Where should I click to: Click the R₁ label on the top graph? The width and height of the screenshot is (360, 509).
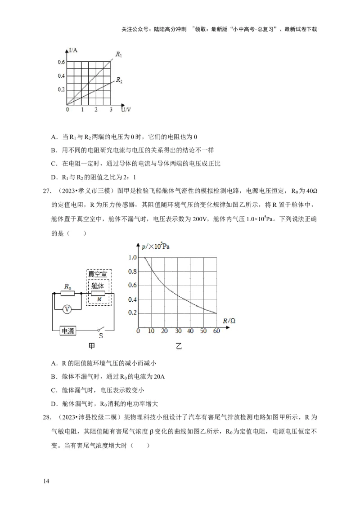click(x=119, y=54)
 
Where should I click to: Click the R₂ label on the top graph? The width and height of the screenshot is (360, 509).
click(x=119, y=80)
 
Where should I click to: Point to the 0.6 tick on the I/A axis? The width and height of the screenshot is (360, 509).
click(x=61, y=62)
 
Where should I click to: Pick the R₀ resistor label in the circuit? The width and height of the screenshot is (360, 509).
click(x=68, y=286)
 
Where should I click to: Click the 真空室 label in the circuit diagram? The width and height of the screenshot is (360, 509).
click(x=98, y=274)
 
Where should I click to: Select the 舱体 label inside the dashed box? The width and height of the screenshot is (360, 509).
click(x=98, y=286)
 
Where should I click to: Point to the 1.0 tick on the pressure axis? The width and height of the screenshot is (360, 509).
click(x=132, y=257)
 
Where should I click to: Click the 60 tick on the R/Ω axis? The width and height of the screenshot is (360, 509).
click(x=216, y=331)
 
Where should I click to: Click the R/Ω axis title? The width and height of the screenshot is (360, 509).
click(x=229, y=321)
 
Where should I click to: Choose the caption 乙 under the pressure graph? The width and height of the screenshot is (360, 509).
click(x=179, y=347)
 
